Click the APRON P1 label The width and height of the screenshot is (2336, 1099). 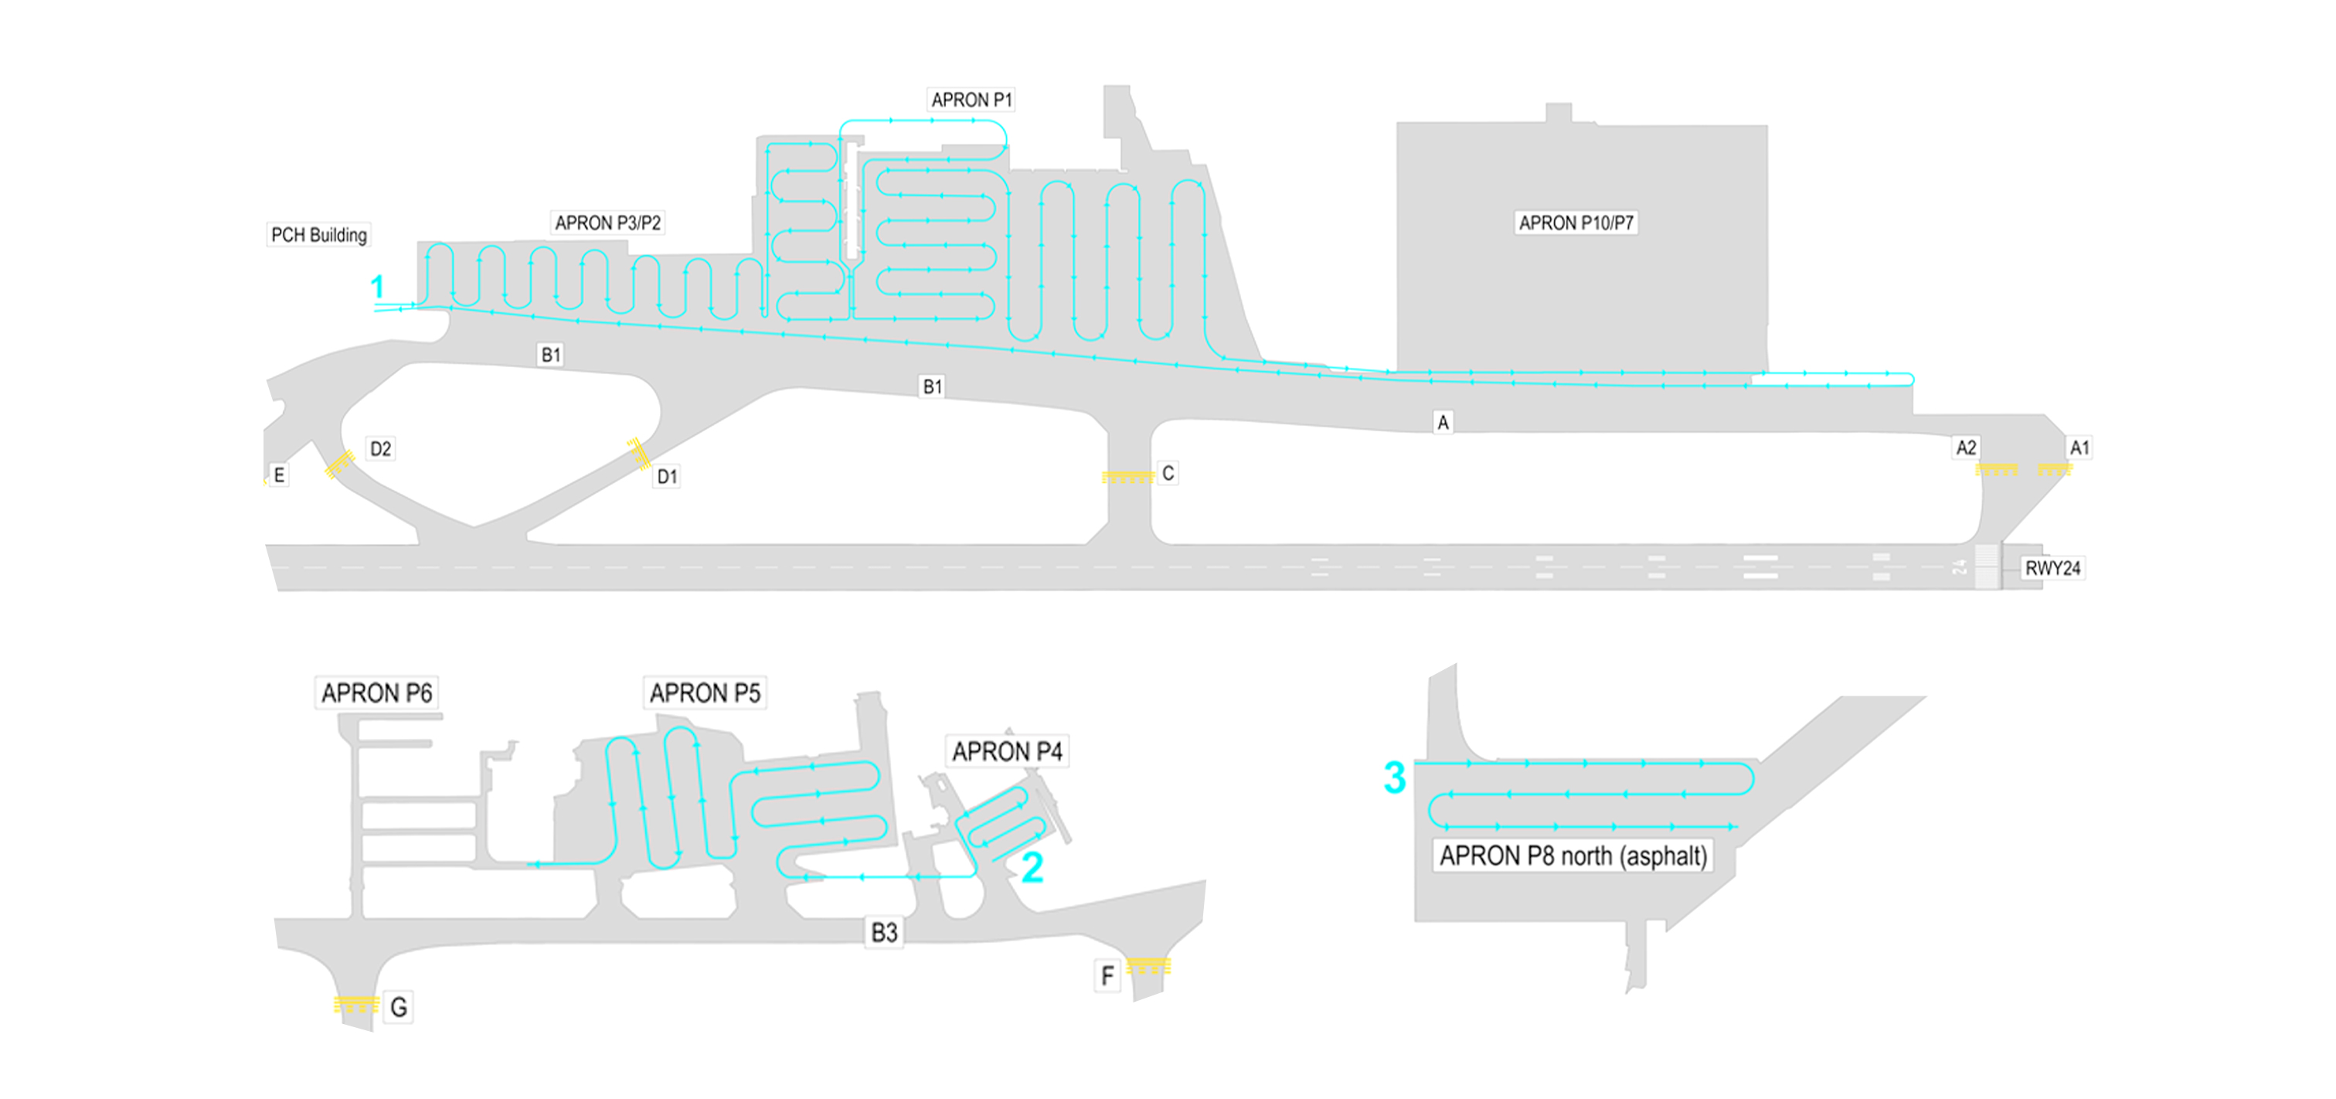[x=971, y=100]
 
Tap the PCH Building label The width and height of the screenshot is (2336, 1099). [x=319, y=235]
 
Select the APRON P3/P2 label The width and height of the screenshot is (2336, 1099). [x=607, y=223]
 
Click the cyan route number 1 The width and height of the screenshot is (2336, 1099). [x=377, y=288]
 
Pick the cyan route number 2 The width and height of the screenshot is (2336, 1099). [x=1032, y=868]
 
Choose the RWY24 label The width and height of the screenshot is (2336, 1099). [x=2053, y=569]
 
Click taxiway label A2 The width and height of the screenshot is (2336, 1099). [x=1966, y=448]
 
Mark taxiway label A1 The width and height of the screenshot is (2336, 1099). [x=2079, y=448]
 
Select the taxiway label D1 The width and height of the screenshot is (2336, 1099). [x=668, y=477]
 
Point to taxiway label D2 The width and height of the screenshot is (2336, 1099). [x=381, y=449]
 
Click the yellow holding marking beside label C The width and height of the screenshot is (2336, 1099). [x=1127, y=477]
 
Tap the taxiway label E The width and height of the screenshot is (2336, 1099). [x=279, y=475]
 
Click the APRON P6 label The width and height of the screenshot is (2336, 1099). [x=376, y=694]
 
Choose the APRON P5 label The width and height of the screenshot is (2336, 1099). [x=705, y=694]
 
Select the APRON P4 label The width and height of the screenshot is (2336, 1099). [x=1007, y=752]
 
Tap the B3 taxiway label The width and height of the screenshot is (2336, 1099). [x=884, y=932]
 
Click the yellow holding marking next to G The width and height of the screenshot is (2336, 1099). [x=356, y=1004]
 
